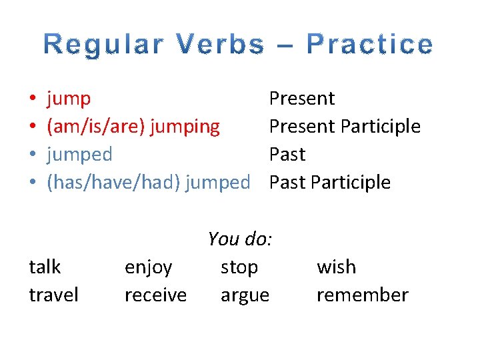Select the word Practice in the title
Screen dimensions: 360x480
[x=369, y=45]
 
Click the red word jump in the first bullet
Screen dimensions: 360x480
[x=69, y=99]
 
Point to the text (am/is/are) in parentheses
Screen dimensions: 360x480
[x=96, y=127]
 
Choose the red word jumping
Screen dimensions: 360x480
[x=185, y=127]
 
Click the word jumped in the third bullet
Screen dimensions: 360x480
[x=79, y=155]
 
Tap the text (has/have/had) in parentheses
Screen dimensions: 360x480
[x=114, y=183]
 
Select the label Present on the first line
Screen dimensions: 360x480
[x=301, y=99]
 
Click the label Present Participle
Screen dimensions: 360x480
[x=345, y=127]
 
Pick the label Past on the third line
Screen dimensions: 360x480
[x=287, y=155]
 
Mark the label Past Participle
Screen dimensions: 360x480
[x=330, y=183]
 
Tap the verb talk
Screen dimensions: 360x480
[x=45, y=267]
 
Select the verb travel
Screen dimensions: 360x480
[x=53, y=295]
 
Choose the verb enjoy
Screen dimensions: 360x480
[x=149, y=268]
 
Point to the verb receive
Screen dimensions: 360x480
[x=155, y=295]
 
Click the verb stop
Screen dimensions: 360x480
[x=239, y=268]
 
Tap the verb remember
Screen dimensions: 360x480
[x=362, y=295]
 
